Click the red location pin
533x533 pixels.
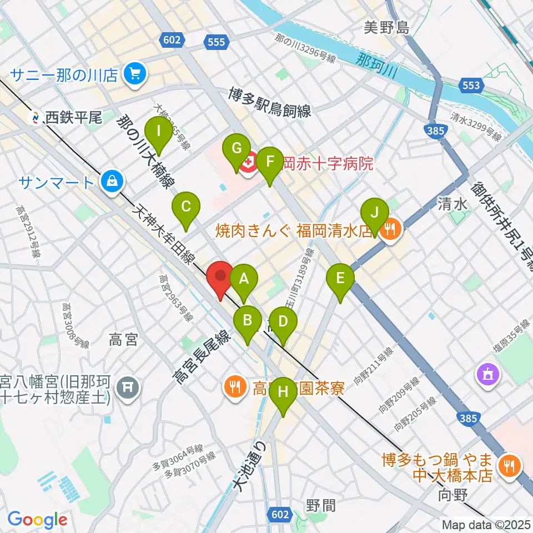(220, 276)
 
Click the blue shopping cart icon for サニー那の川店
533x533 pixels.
(134, 74)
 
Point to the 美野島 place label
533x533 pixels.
(387, 27)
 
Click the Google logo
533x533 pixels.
(37, 519)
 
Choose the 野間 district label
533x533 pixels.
(320, 505)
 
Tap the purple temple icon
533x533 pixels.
(487, 375)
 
